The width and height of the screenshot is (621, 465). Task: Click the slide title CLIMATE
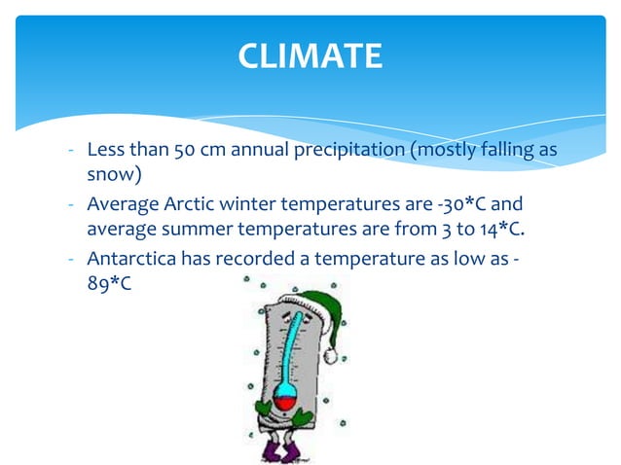coord(310,56)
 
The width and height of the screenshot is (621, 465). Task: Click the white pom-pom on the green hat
coord(330,357)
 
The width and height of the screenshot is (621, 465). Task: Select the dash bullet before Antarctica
coord(72,260)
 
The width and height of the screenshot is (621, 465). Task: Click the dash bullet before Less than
coord(72,152)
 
